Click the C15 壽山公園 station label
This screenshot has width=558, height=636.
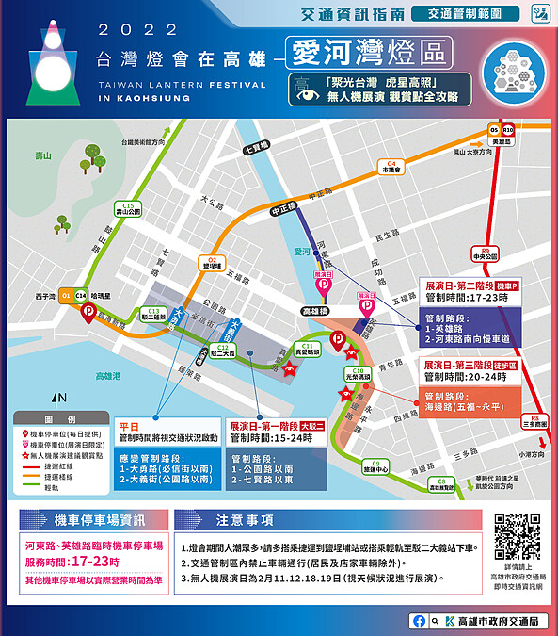(127, 209)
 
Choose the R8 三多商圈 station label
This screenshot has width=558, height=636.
(535, 421)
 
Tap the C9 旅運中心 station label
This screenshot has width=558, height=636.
(375, 465)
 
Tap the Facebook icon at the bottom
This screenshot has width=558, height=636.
(419, 621)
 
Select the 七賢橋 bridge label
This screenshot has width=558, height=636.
(255, 147)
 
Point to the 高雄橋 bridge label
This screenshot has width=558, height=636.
(312, 309)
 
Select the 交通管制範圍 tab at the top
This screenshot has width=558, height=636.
(482, 13)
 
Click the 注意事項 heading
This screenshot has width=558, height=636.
(246, 520)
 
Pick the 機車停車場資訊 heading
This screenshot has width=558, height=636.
(101, 520)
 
